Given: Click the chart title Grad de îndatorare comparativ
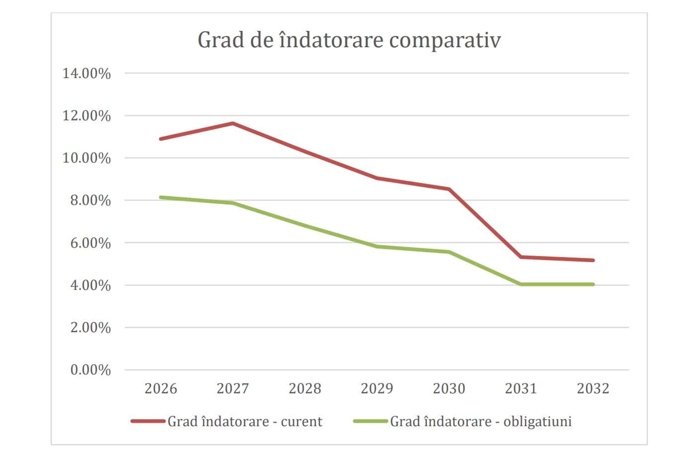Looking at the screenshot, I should coord(349,40).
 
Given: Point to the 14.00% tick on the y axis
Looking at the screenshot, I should coord(87,74).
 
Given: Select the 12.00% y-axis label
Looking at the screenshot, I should coord(87,116).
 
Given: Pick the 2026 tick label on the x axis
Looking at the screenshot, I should coord(161,388).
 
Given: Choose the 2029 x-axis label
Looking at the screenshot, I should coord(377,388).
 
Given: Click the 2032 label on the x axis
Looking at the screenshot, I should coord(593,388).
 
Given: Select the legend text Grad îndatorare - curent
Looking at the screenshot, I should coord(245,422).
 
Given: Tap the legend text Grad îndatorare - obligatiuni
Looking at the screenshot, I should coord(481,422).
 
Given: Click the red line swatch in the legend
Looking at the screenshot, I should coord(148,421).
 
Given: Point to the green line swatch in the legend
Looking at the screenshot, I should coord(370,421).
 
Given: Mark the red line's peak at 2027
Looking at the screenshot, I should coord(233,123).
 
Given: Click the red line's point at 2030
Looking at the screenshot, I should coord(449,189).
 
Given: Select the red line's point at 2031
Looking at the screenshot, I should coord(521,257).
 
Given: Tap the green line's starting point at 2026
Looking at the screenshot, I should coord(161,197).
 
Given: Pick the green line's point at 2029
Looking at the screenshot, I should coord(377,246).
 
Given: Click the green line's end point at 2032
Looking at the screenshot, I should coord(593,284).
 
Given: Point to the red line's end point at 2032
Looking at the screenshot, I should coord(593,260).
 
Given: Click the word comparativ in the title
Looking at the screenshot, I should coord(445,40).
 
